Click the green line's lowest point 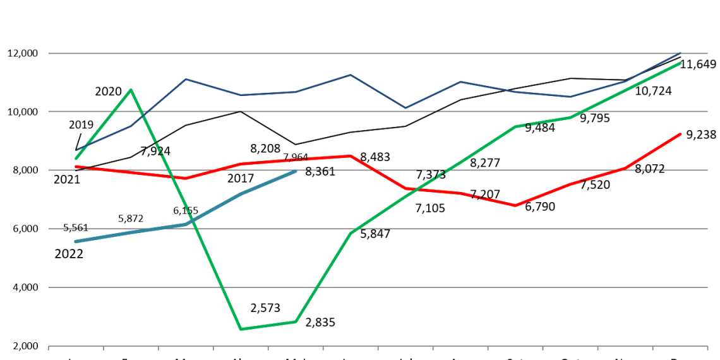[241, 329]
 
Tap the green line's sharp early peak [131, 90]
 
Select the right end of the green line [681, 63]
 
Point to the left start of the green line [76, 159]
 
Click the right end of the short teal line [296, 171]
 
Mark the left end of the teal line [76, 241]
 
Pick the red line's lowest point [515, 205]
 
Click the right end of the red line [681, 134]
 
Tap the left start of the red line [76, 167]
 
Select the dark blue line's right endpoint [681, 52]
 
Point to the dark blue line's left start [76, 150]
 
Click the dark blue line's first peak [186, 79]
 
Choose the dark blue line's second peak [351, 75]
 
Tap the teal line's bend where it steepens [186, 224]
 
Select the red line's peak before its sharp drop [351, 155]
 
